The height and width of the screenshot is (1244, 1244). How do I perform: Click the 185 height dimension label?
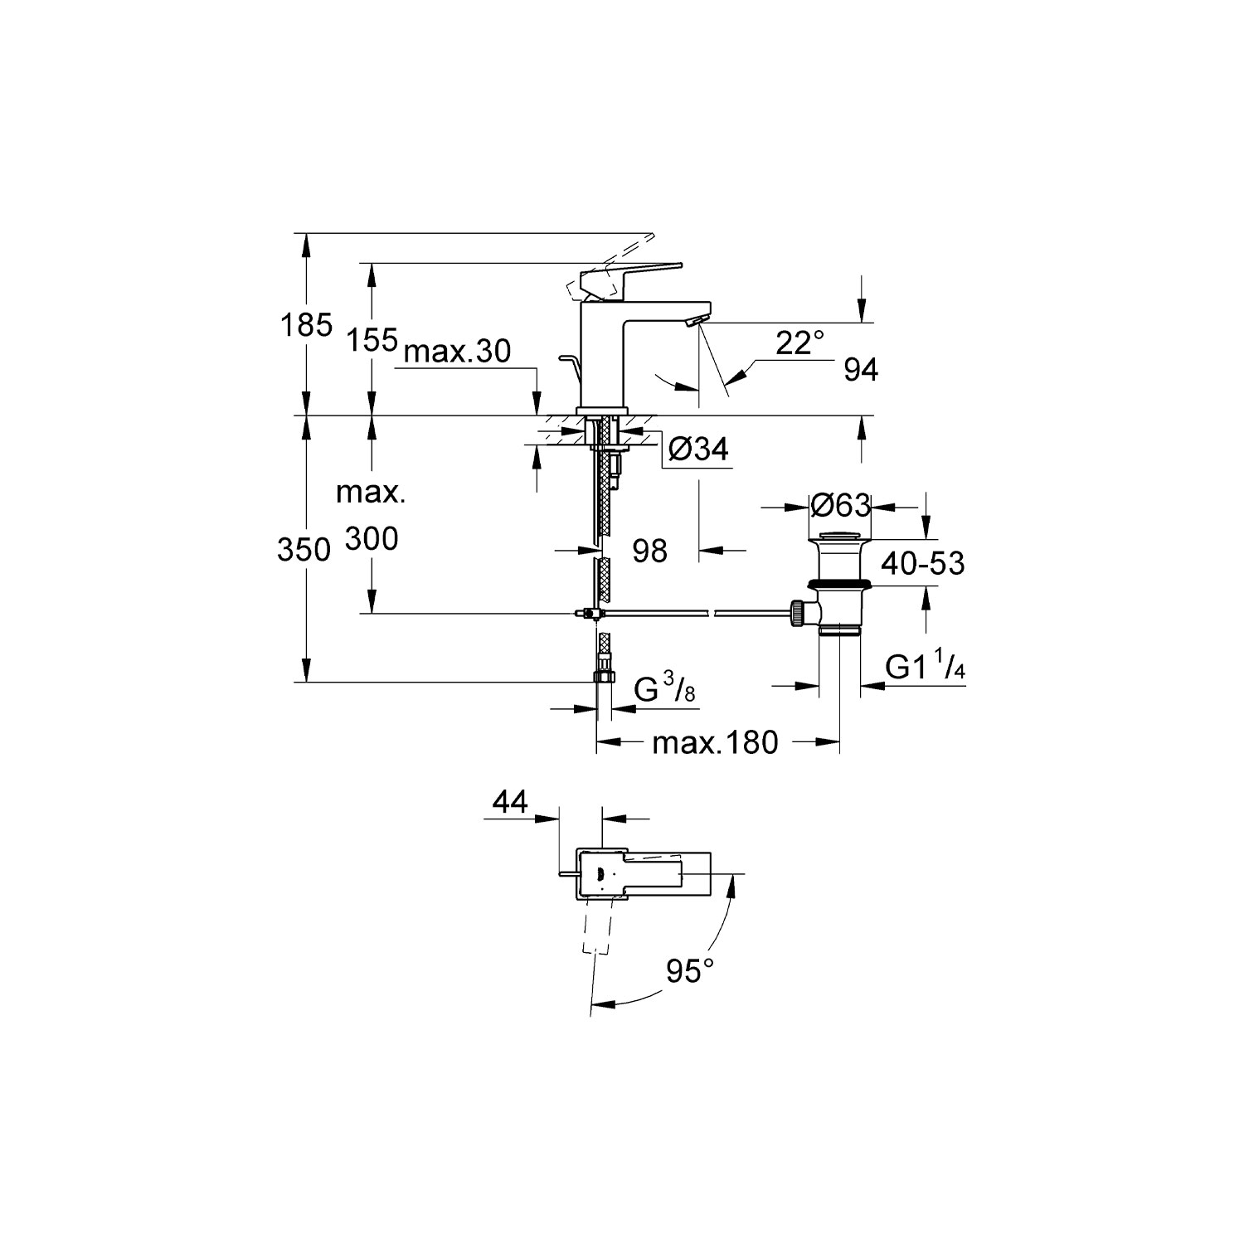pyautogui.click(x=306, y=325)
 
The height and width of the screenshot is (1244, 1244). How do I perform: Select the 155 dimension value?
pyautogui.click(x=372, y=339)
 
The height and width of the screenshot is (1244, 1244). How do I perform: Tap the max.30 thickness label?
pyautogui.click(x=458, y=352)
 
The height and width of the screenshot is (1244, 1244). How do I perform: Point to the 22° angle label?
pyautogui.click(x=801, y=343)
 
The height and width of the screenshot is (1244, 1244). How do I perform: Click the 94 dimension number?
pyautogui.click(x=861, y=371)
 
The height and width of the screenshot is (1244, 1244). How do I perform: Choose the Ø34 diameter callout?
pyautogui.click(x=698, y=449)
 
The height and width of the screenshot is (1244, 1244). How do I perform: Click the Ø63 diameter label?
pyautogui.click(x=841, y=504)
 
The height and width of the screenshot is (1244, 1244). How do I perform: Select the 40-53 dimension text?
pyautogui.click(x=923, y=564)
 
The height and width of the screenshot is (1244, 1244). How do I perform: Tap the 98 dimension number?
pyautogui.click(x=649, y=550)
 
